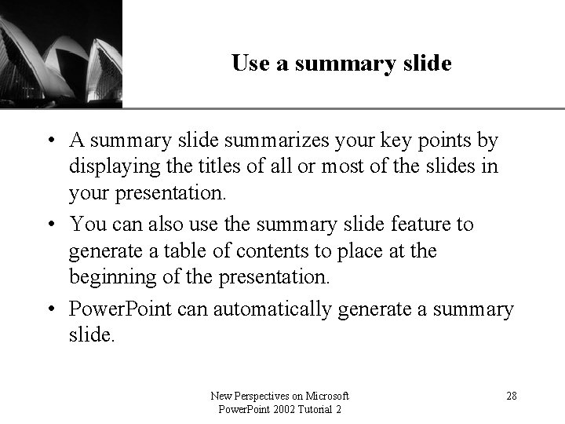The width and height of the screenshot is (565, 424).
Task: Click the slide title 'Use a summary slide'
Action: (x=341, y=64)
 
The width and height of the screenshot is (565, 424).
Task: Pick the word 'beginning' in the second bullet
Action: (x=106, y=278)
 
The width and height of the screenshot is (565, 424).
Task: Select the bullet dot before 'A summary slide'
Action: (x=50, y=141)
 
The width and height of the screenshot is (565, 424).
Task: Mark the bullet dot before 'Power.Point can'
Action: (x=50, y=309)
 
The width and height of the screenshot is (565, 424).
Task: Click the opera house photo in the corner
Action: (x=61, y=51)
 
